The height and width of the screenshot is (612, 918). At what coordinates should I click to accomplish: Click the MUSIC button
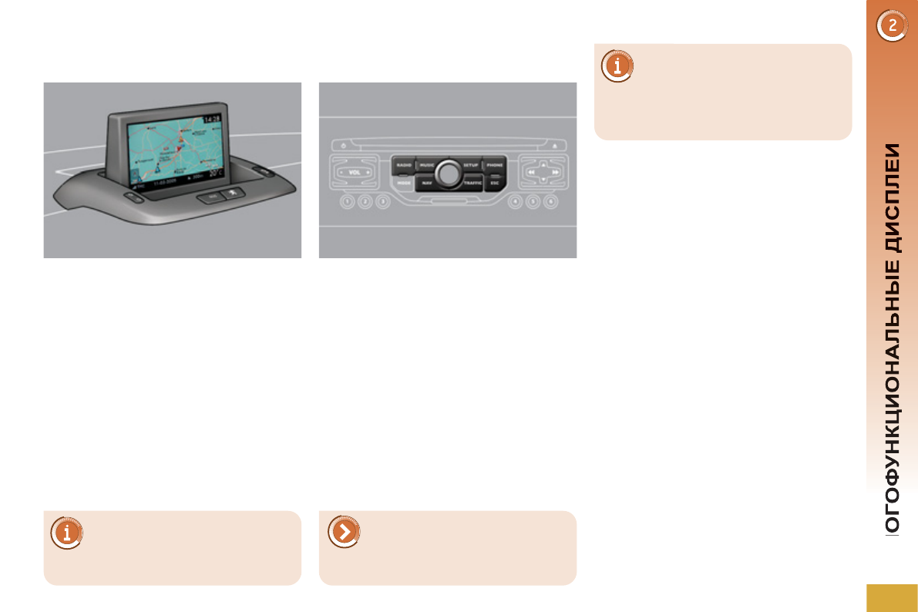[x=426, y=165]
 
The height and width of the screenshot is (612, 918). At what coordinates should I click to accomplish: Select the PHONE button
[x=494, y=165]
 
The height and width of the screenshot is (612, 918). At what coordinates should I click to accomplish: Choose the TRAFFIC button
[x=472, y=183]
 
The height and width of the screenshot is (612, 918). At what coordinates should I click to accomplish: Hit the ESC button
[x=494, y=183]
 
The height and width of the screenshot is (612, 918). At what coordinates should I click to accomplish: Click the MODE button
[x=403, y=183]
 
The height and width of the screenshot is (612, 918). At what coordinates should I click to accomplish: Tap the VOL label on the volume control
[x=355, y=172]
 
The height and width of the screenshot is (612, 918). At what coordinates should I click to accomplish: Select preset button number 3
[x=383, y=203]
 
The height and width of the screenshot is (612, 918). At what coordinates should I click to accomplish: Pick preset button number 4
[x=514, y=203]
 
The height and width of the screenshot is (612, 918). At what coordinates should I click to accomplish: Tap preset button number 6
[x=550, y=203]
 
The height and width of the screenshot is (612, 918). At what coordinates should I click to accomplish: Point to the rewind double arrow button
[x=531, y=173]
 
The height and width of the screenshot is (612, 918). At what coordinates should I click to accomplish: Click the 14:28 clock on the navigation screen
[x=212, y=118]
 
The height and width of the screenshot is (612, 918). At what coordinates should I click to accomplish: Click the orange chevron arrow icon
[x=343, y=532]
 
